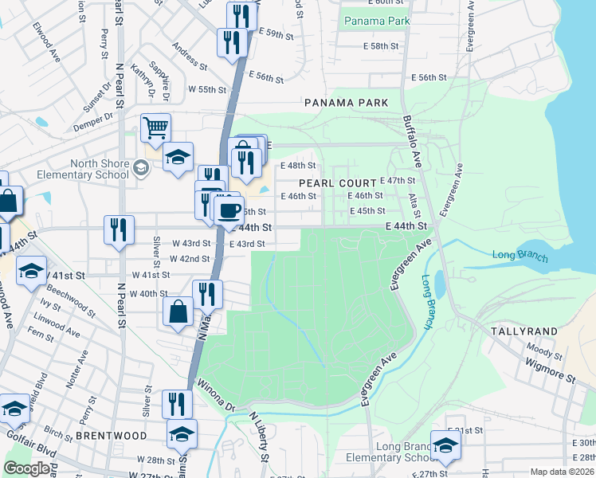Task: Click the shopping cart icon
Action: (x=156, y=127)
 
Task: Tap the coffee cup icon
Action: (x=229, y=210)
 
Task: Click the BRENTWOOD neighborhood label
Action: (x=112, y=436)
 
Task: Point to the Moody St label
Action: (x=544, y=347)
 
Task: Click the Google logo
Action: (x=26, y=468)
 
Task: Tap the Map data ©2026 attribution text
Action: (x=561, y=472)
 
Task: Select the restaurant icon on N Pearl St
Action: (x=118, y=230)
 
